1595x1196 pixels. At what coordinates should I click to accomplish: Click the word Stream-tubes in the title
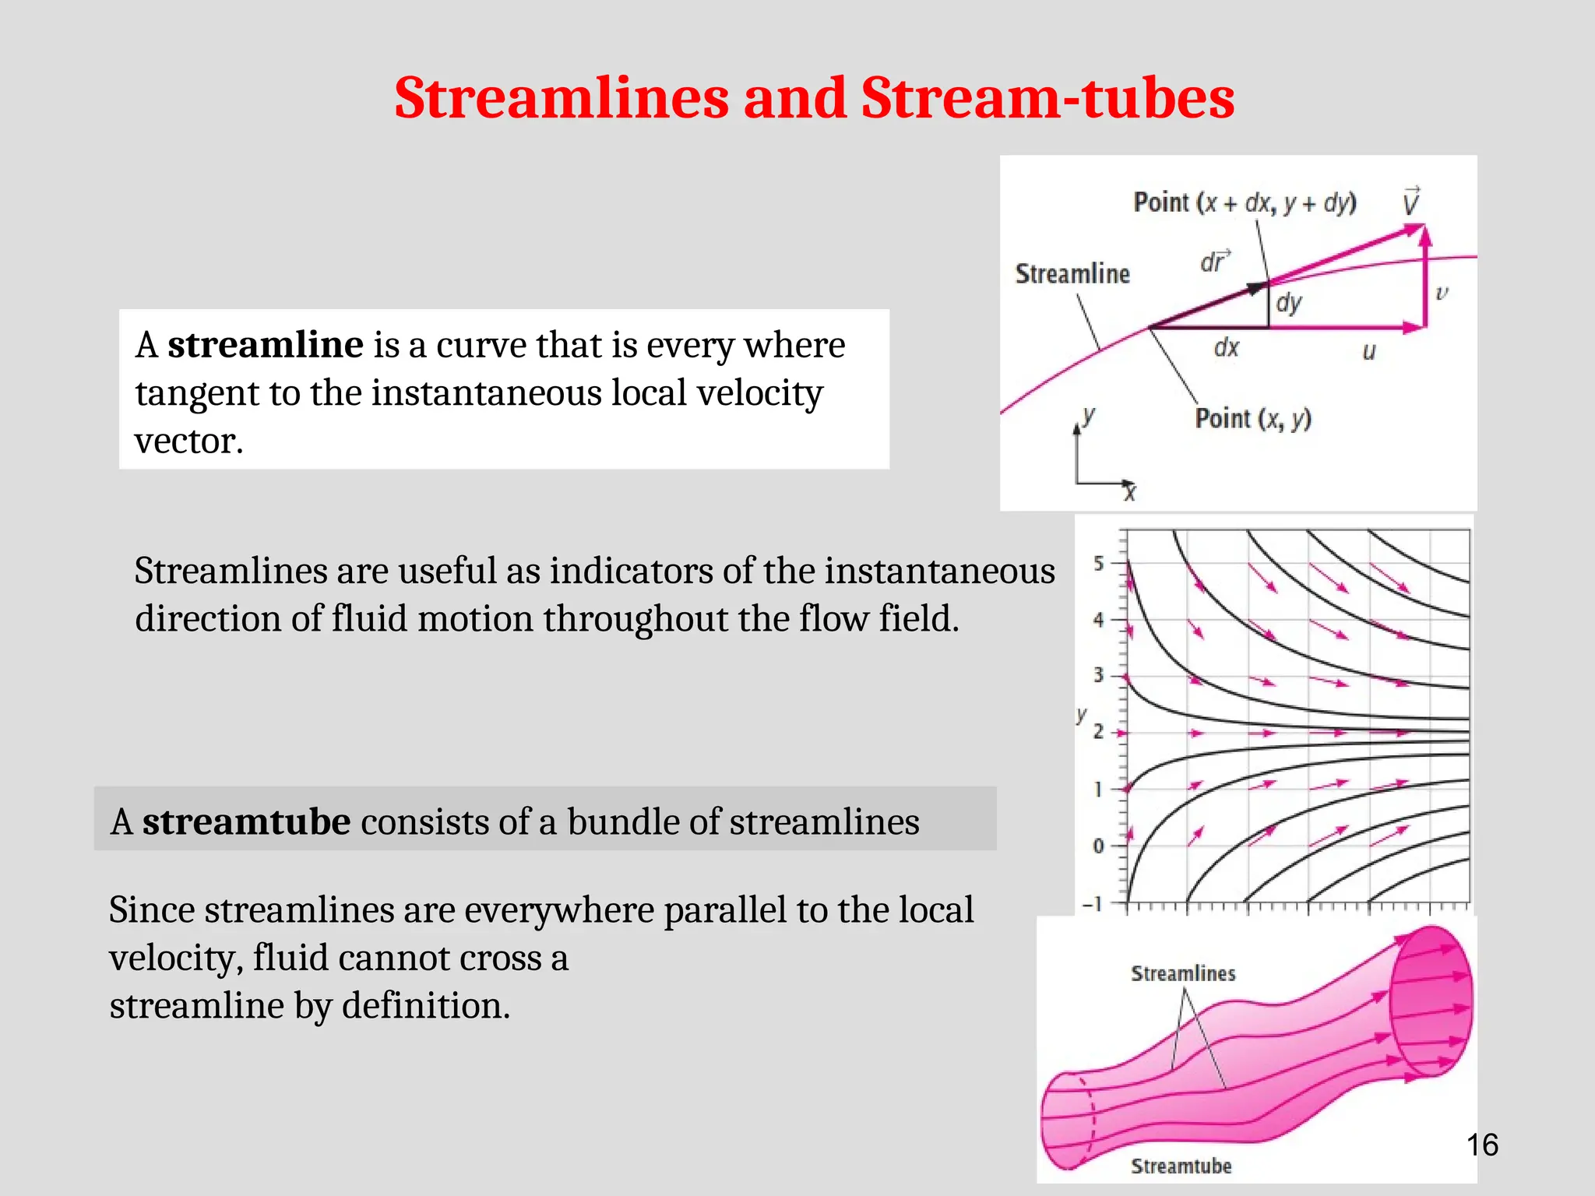[1047, 99]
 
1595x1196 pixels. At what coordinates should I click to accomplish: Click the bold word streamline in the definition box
[265, 345]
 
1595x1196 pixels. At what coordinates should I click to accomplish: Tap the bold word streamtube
[246, 822]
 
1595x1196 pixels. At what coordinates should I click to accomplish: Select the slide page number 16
[1481, 1145]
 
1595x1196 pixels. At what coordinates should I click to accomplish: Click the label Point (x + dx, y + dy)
[1245, 203]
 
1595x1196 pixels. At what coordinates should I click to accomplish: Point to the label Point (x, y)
[1253, 419]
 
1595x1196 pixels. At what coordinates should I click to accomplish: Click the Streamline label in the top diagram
[1072, 274]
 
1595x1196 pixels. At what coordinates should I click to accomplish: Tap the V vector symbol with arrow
[1410, 202]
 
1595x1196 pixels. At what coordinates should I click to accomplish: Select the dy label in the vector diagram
[1288, 302]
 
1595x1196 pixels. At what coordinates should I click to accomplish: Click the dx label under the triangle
[1226, 348]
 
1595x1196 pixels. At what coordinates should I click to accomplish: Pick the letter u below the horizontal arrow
[1368, 352]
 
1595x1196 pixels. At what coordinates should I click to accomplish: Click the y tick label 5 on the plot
[1098, 563]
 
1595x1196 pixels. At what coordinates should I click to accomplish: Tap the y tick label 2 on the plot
[1098, 732]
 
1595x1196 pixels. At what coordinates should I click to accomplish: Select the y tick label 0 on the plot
[1098, 846]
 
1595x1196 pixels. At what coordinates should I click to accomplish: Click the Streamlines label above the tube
[1182, 974]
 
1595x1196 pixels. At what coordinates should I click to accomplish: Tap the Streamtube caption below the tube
[1181, 1166]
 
